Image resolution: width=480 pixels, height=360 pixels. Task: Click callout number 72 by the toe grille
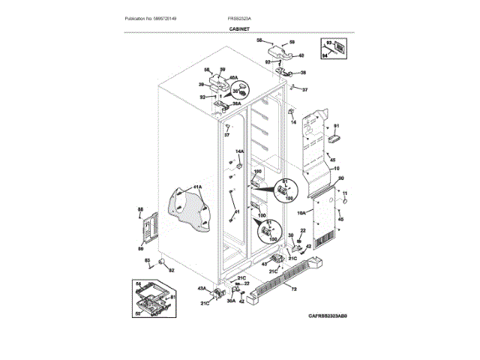click(x=294, y=289)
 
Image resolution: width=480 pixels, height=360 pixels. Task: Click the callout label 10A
click(x=301, y=212)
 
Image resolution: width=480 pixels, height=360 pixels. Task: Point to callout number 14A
click(x=240, y=151)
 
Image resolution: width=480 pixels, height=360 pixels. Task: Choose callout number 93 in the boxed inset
click(x=328, y=44)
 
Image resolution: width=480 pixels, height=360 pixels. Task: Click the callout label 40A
click(x=233, y=78)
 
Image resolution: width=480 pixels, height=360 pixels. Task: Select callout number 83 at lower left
click(x=147, y=259)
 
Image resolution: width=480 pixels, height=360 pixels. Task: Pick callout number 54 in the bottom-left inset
click(x=138, y=283)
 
